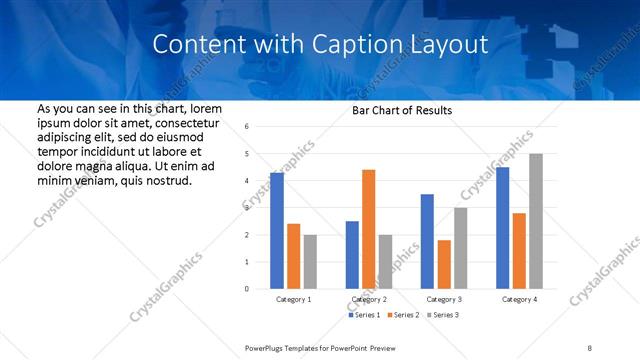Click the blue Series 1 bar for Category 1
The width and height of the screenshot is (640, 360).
pos(277,231)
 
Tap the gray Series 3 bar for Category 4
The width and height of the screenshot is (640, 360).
pos(535,221)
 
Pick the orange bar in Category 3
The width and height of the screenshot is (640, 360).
pos(444,264)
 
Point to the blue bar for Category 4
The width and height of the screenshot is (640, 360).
pos(502,228)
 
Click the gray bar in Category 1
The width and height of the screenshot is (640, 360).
pos(310,261)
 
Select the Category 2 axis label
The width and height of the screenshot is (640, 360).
pos(369,299)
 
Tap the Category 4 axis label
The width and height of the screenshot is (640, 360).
pos(519,299)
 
